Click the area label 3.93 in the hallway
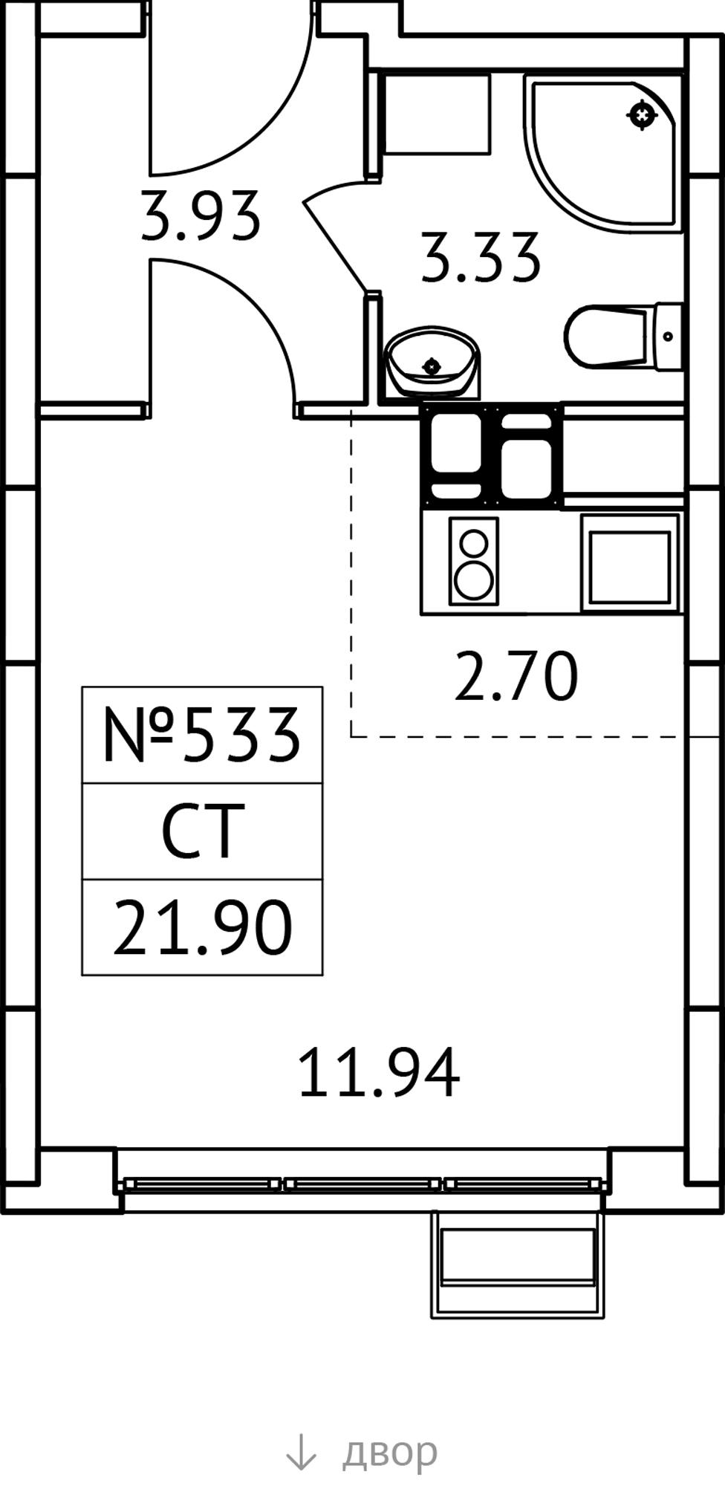coord(201,216)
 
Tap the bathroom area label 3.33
coord(480,258)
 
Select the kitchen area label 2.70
coord(516,676)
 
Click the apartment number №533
coord(201,736)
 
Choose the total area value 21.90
coord(202,927)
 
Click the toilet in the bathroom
coord(623,336)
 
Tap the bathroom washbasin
coord(432,362)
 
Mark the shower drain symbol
coord(642,115)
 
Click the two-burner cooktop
coord(473,561)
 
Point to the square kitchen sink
coord(631,562)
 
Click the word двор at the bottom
coord(389,1450)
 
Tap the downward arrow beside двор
coord(301,1452)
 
